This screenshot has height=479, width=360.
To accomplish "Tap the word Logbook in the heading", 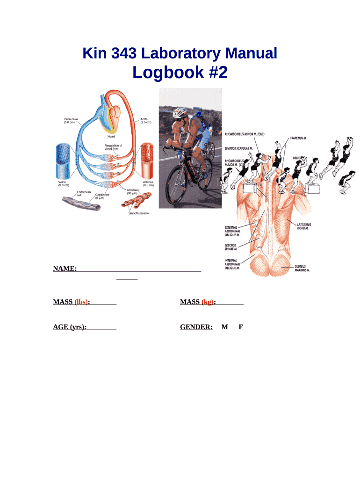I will coord(161,73).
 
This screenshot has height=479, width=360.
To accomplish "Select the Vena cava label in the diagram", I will coord(71,121).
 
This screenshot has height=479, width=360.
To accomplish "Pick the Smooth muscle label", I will coord(138,213).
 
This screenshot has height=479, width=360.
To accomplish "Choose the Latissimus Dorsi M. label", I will coord(304,227).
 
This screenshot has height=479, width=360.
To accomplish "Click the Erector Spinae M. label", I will coord(232,247).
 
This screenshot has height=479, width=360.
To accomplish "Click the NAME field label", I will coord(65,269).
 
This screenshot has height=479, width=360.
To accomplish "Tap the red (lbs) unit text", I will coord(81,302).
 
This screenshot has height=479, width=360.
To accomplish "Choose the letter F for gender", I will coord(240,327).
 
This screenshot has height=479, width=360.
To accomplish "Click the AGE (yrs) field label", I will coord(70,327).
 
